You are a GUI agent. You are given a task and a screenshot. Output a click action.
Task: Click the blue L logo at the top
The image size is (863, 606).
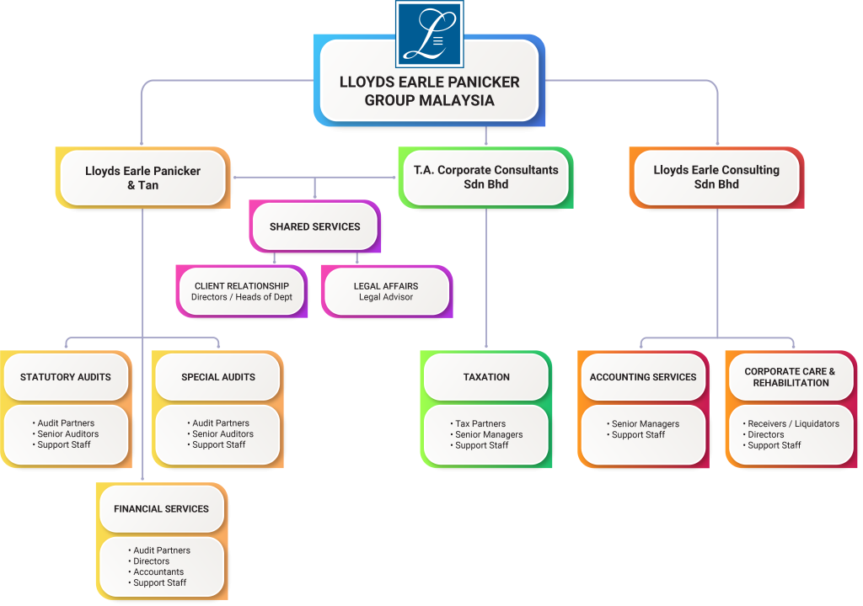coord(430,35)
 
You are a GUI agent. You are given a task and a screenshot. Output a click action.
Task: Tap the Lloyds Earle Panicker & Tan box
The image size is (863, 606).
coord(142,178)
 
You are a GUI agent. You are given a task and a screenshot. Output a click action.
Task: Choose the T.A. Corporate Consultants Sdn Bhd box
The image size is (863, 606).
coord(485,177)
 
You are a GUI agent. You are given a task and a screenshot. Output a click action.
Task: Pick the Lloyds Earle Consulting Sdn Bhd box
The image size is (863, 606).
coord(716,177)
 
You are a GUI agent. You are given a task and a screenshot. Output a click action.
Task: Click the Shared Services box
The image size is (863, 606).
coord(314,226)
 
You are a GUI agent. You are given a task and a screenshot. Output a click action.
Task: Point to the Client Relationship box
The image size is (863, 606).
coord(242,291)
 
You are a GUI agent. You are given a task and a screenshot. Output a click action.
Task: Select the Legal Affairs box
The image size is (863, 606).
coord(386,291)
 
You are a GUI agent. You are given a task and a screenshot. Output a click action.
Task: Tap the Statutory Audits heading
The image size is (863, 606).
coord(66,377)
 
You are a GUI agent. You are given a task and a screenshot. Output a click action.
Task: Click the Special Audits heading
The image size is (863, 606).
coord(218,377)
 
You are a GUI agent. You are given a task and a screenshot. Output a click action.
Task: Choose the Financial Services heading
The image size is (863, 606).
coord(161,508)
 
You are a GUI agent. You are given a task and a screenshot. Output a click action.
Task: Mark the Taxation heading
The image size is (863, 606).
coord(486,377)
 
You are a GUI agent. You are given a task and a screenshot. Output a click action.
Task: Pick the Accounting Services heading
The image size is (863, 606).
coord(643,377)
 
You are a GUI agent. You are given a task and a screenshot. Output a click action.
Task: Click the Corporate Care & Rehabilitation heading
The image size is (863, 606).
coord(791,377)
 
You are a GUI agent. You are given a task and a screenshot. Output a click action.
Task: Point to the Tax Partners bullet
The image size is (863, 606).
coord(480,424)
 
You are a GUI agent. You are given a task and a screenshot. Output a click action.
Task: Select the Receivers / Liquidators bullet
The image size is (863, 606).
coord(793,424)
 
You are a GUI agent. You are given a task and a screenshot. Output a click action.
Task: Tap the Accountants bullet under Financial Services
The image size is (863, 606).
coord(158,572)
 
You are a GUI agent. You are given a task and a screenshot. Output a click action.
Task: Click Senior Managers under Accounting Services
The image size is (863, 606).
coord(646,424)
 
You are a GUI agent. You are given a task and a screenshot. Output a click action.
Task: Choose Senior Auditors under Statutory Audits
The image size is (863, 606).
coord(67,434)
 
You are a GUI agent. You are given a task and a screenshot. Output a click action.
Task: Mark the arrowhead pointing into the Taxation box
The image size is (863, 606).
coord(486,345)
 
